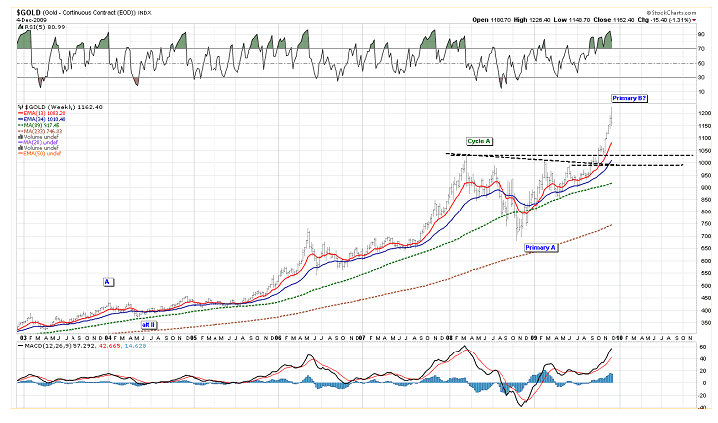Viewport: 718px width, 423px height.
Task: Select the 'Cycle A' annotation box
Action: [480, 142]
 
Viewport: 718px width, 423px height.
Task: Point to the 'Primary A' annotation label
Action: [540, 247]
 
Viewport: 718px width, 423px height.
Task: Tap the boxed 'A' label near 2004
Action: [107, 282]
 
